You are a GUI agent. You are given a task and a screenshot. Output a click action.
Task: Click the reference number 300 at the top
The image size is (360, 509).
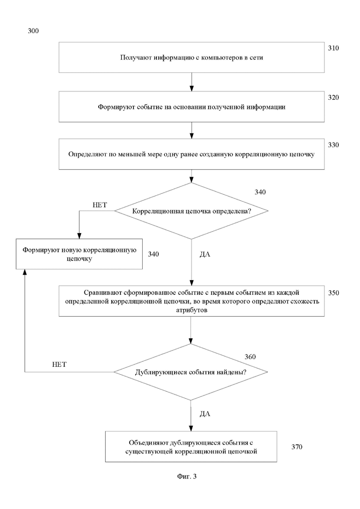tap(33, 31)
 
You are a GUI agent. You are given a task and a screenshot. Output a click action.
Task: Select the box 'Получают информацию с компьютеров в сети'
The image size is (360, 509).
tap(192, 58)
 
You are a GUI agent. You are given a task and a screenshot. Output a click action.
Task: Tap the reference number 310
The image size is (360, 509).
tap(333, 48)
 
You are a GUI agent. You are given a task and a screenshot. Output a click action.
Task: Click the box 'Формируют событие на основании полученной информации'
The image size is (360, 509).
tap(192, 107)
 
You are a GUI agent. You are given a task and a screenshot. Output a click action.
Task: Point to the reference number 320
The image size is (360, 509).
tap(333, 97)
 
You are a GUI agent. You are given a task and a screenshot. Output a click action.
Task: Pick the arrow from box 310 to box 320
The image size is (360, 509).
tap(192, 82)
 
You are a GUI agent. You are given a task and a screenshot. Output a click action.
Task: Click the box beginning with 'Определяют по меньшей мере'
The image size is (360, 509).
tap(192, 154)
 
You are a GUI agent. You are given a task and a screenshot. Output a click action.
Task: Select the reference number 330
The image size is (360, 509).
tap(333, 145)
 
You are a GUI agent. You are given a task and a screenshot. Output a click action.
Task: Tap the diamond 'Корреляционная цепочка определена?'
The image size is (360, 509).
tap(191, 211)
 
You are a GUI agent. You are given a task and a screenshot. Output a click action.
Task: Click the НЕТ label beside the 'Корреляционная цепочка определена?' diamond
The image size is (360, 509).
tap(100, 205)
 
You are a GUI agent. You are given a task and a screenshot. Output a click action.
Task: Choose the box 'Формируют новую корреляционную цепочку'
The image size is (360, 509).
tap(79, 254)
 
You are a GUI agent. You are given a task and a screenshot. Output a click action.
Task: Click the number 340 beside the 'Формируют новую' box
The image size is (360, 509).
tap(153, 254)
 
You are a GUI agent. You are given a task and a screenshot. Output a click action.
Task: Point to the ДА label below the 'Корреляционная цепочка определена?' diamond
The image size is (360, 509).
tap(205, 254)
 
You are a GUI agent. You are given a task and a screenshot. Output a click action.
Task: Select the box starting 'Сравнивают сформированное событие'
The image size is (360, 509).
tap(192, 301)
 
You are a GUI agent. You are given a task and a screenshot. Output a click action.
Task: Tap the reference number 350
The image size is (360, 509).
tap(333, 293)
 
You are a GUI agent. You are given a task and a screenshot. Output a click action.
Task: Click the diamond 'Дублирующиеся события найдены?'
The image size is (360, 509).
tap(191, 372)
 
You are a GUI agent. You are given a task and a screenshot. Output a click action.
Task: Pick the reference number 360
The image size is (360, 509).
tap(250, 357)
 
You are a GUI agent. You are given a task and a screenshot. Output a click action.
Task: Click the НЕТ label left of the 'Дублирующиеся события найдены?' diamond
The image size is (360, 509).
tap(59, 365)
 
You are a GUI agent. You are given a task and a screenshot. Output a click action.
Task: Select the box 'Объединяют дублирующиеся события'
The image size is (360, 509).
tap(191, 447)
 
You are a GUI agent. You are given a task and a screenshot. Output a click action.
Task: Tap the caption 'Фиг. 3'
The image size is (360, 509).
tap(186, 477)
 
